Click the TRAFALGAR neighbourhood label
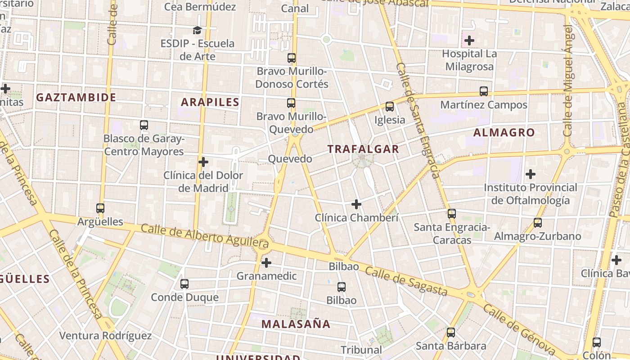(x=363, y=149)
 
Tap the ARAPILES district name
(x=210, y=102)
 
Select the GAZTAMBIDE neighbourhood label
(x=76, y=97)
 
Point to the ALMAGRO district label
(x=504, y=132)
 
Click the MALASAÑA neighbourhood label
(x=296, y=324)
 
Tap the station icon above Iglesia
(x=390, y=107)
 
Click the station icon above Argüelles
(x=100, y=208)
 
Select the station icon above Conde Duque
(x=184, y=284)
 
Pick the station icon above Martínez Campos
(x=484, y=91)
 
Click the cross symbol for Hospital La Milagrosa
(x=469, y=41)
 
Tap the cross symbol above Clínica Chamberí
(x=356, y=205)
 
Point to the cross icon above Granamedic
(x=266, y=263)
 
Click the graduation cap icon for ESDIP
(x=197, y=30)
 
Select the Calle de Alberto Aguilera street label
(x=205, y=237)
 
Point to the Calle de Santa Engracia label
(x=417, y=121)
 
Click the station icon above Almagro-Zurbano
(x=538, y=222)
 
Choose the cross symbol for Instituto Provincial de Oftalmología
(x=531, y=174)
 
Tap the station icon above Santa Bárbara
(x=451, y=333)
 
